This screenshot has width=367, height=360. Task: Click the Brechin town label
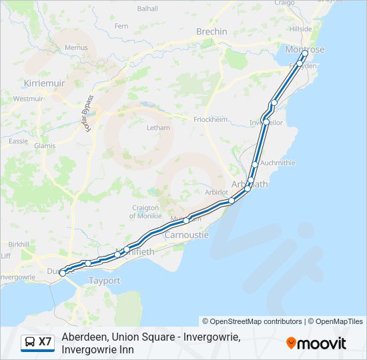point(212,31)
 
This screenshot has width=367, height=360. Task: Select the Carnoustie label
point(186,235)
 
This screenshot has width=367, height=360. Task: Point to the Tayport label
point(104,281)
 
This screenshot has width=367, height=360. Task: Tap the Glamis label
point(44,145)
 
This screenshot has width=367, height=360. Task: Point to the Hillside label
point(300,29)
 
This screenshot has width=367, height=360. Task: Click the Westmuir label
point(28,99)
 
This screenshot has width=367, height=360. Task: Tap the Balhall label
point(147,9)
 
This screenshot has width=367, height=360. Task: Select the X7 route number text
point(45,342)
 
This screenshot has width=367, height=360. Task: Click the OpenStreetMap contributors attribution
point(252,321)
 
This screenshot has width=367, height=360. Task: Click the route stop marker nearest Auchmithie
point(255,164)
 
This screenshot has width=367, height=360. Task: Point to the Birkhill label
point(19,245)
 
